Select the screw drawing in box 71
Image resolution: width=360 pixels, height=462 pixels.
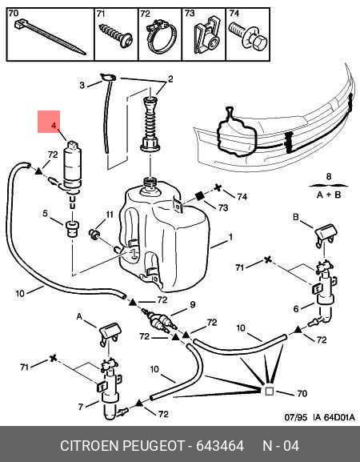click(x=116, y=35)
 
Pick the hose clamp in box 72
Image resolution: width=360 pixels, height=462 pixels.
click(x=161, y=36)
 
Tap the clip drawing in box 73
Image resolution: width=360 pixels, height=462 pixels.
click(x=206, y=35)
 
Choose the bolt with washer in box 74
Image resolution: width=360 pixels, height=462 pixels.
click(x=248, y=37)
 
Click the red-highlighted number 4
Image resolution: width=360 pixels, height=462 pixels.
click(x=54, y=125)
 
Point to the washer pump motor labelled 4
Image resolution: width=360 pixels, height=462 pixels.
click(x=72, y=167)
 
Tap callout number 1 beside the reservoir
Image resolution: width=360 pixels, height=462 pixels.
click(x=231, y=236)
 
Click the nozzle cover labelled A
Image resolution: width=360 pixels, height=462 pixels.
click(x=110, y=334)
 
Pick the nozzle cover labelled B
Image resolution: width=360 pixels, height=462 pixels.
click(x=326, y=235)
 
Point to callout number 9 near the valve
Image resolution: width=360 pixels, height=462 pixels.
click(x=193, y=304)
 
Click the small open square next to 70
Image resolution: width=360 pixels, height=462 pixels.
click(x=270, y=391)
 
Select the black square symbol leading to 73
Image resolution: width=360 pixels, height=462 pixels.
click(x=200, y=196)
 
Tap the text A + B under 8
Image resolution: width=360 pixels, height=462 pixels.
click(x=329, y=195)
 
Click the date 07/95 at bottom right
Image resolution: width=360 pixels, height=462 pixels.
click(x=296, y=417)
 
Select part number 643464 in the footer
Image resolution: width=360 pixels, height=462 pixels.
click(x=220, y=445)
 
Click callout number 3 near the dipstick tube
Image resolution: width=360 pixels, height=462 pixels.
click(x=82, y=85)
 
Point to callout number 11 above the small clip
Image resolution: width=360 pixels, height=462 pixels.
click(x=110, y=215)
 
